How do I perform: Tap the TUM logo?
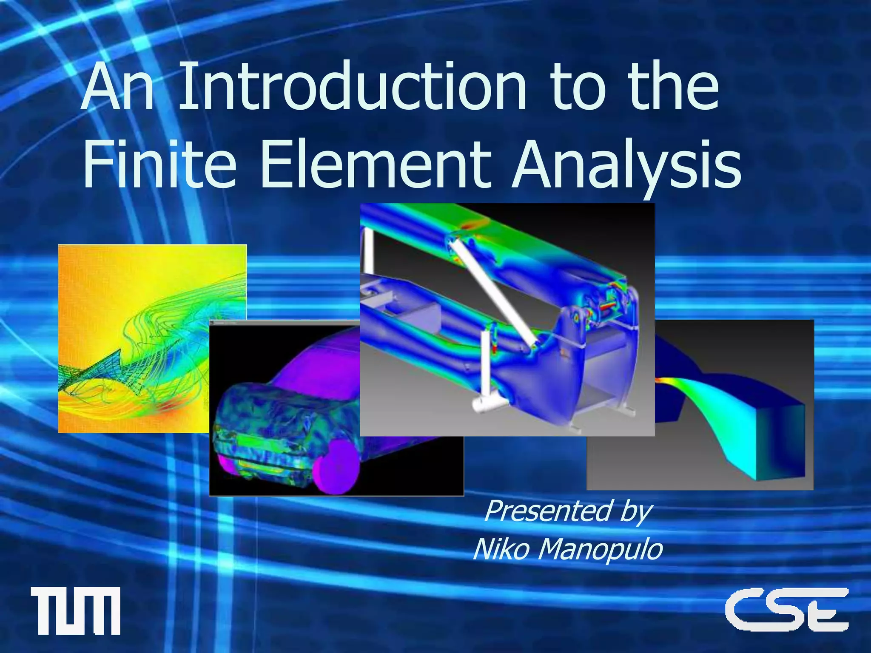point(75,610)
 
